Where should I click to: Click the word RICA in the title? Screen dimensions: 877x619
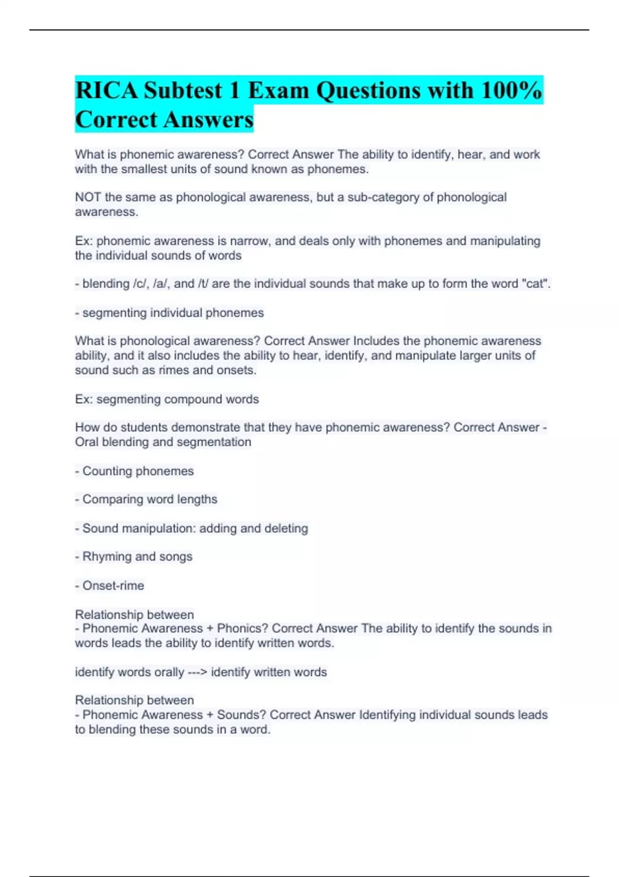pos(107,91)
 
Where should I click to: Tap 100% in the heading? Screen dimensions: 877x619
pos(511,91)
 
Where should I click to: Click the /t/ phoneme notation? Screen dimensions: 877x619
pos(203,284)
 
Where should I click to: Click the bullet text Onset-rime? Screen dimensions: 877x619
pos(113,586)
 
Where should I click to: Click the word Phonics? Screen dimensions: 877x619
pos(242,628)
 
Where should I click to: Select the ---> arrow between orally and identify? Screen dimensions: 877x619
pos(198,672)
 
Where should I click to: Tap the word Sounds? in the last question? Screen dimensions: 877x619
pos(241,715)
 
